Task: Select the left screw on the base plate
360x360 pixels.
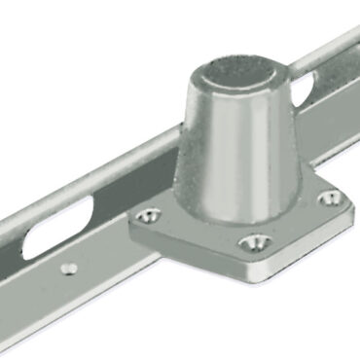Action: pyautogui.click(x=148, y=215)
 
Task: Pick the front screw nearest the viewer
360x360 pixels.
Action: pyautogui.click(x=255, y=240)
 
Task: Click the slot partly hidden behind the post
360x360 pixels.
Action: pyautogui.click(x=305, y=93)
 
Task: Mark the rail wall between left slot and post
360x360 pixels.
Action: pyautogui.click(x=136, y=180)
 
